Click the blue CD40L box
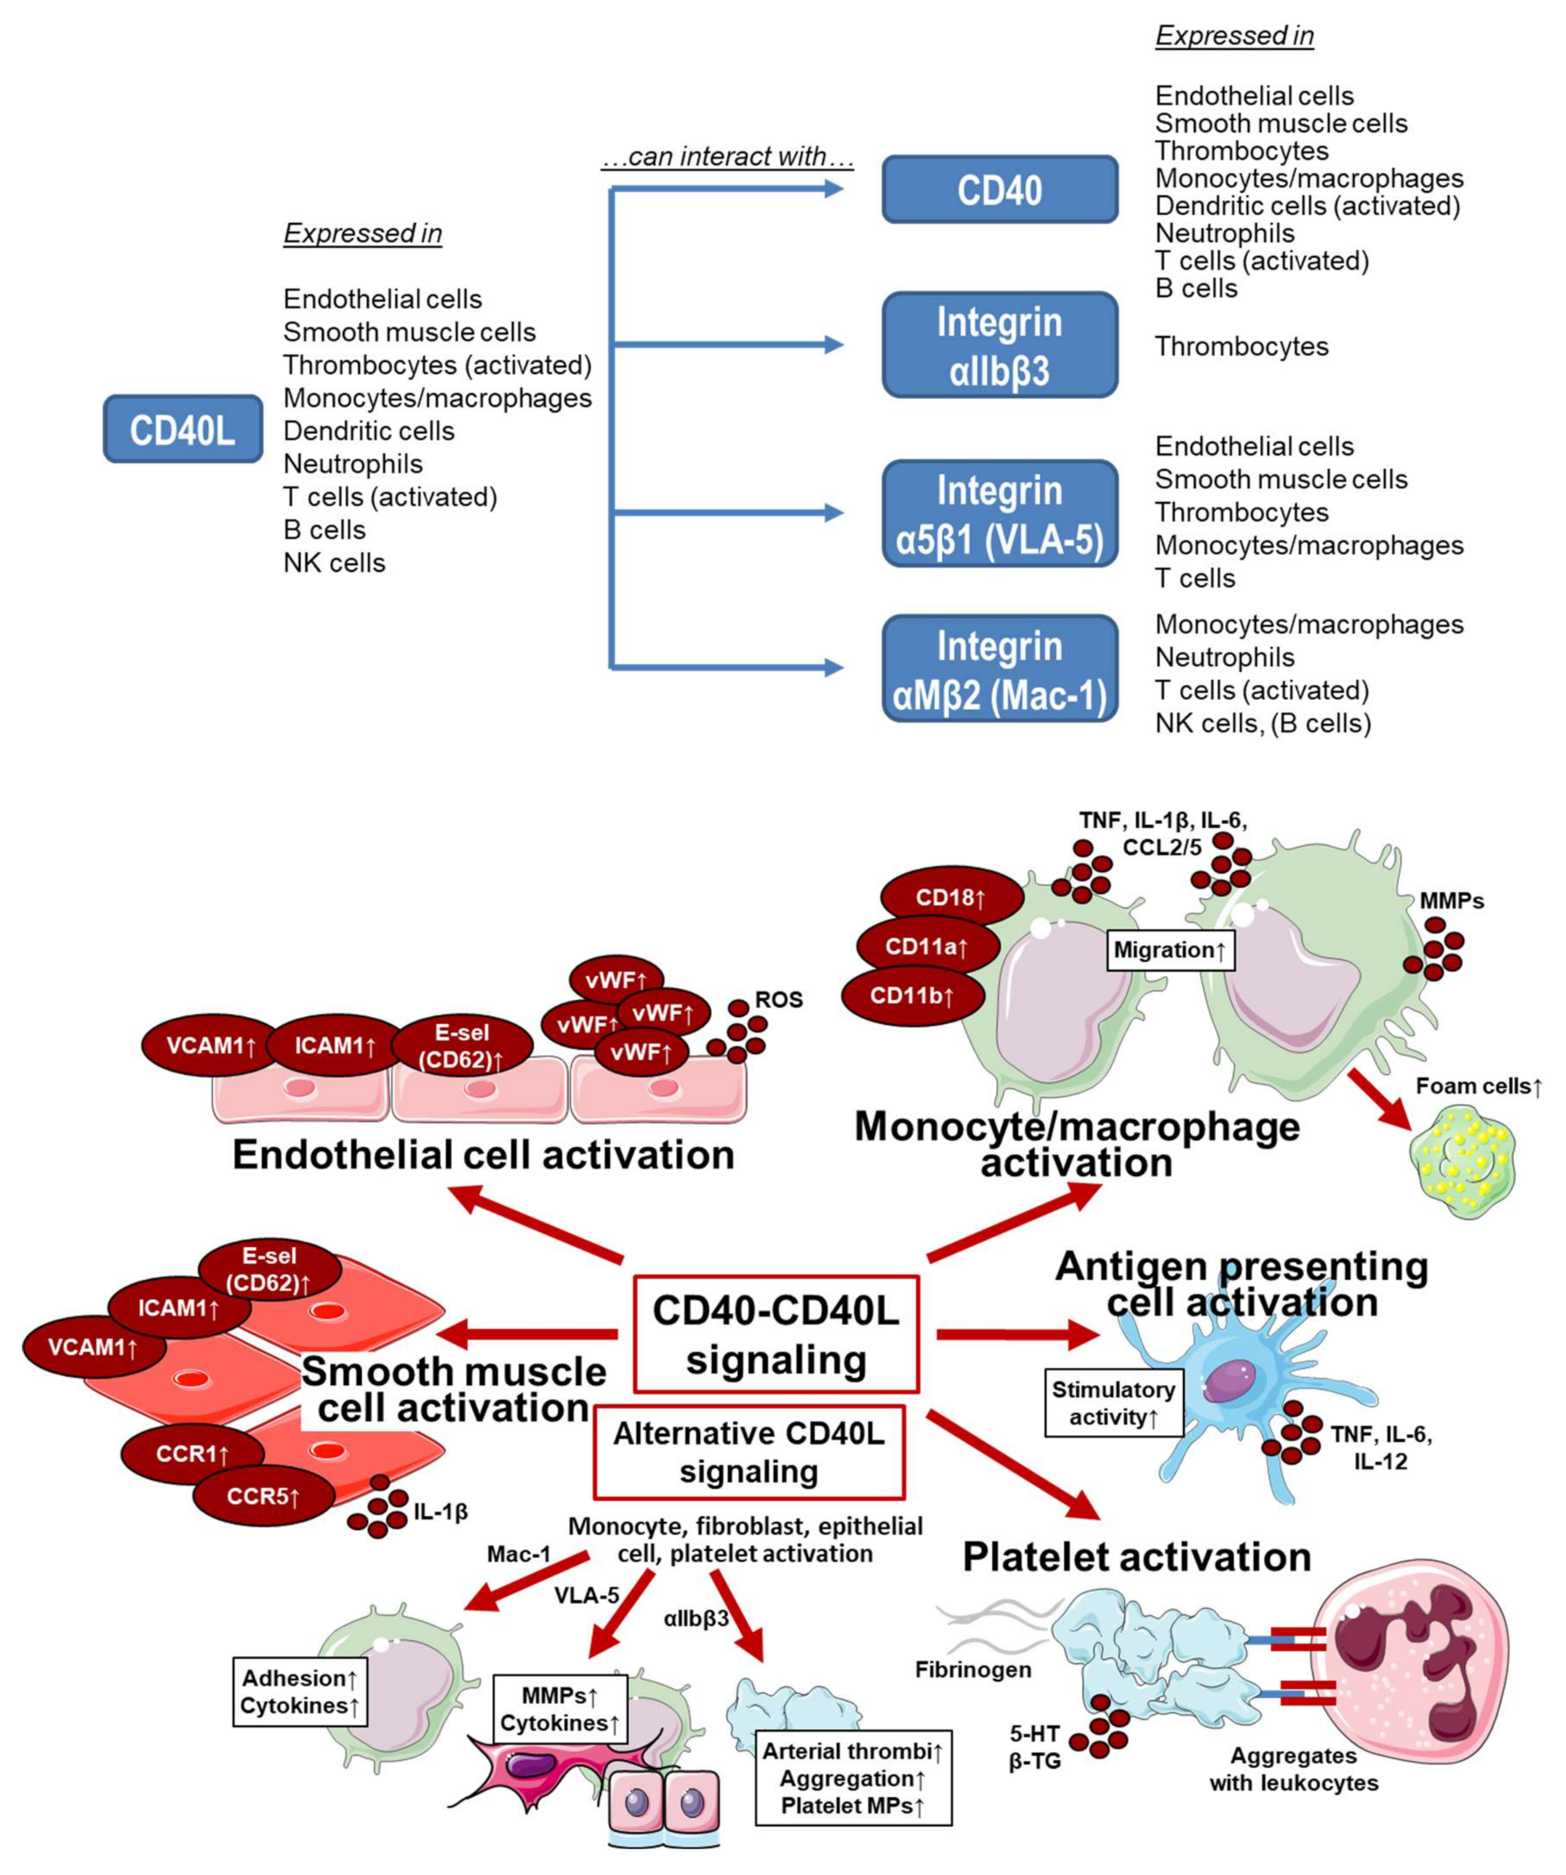(183, 429)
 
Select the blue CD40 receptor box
(1000, 189)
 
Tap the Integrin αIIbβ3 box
(1000, 345)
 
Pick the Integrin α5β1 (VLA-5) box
(1000, 514)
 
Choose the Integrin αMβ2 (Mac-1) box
(1000, 668)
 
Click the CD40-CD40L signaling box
(776, 1334)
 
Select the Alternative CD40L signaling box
(749, 1453)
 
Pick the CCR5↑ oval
(265, 1496)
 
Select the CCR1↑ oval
(192, 1454)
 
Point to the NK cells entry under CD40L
(335, 562)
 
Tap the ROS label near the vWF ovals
(779, 999)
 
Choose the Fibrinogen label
(973, 1670)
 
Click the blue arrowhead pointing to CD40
(833, 188)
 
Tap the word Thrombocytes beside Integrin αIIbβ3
(1242, 347)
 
